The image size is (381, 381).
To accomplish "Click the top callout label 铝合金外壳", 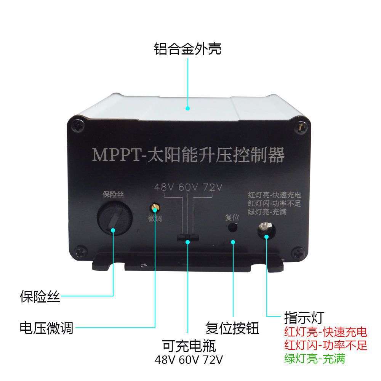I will (x=187, y=49).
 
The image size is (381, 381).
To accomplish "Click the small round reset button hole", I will (x=232, y=228).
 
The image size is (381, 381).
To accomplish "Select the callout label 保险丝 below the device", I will (x=40, y=296).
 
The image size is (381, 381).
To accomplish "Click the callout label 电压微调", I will (x=46, y=327).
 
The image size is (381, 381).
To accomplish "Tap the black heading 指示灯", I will (x=304, y=317).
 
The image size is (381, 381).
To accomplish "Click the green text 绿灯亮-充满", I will (x=315, y=358).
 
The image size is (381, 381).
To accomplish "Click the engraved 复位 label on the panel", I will (x=232, y=218).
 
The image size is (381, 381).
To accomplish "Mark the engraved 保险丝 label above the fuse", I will (x=114, y=195).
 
